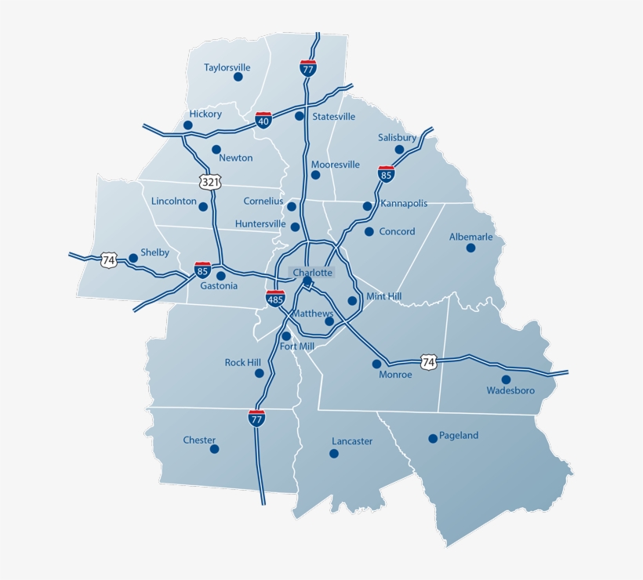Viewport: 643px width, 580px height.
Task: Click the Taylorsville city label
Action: tap(227, 67)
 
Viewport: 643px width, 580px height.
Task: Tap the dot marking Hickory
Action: tap(188, 125)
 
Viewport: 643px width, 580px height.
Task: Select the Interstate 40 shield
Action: tap(263, 120)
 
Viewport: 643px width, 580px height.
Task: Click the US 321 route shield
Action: tap(210, 182)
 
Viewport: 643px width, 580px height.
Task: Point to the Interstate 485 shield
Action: tap(274, 298)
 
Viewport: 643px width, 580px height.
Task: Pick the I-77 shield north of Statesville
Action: tap(308, 67)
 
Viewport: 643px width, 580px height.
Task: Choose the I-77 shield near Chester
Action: tap(256, 418)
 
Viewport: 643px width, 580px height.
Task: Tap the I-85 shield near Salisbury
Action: tap(386, 174)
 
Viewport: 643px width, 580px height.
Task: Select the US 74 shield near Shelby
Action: tap(108, 259)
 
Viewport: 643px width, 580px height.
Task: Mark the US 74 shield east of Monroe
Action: tap(427, 362)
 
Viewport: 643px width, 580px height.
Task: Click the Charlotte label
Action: tap(312, 273)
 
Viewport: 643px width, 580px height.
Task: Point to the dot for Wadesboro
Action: tap(506, 379)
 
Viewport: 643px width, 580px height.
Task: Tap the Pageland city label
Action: tap(459, 436)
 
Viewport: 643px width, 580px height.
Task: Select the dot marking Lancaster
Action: tap(334, 454)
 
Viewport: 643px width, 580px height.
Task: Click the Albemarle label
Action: tap(470, 237)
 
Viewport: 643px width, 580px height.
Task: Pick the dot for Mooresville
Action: tap(316, 175)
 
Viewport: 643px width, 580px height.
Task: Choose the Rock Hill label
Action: tap(242, 363)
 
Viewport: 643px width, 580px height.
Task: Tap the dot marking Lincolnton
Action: tap(203, 207)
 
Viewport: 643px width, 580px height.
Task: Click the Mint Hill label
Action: tap(384, 297)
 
